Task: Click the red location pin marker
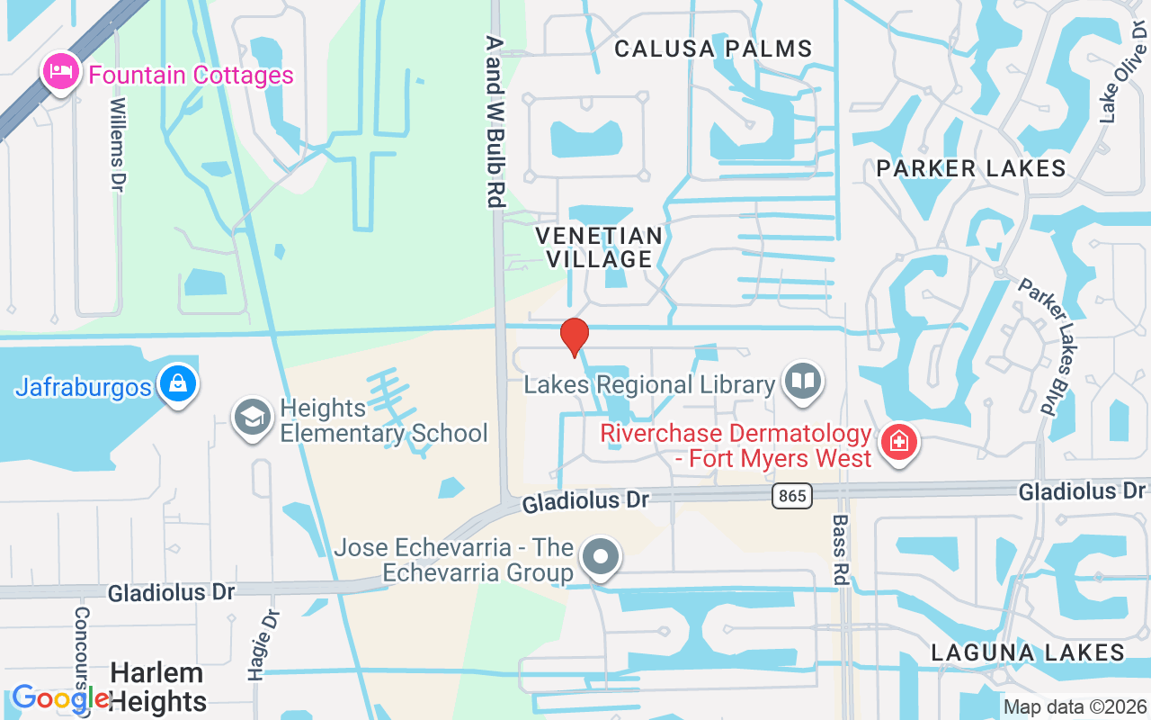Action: (x=574, y=337)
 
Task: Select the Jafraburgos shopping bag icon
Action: (x=178, y=384)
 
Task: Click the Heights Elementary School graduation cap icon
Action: (x=253, y=418)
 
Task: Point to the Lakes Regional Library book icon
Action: (x=802, y=382)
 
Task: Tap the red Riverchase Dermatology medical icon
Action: (x=897, y=442)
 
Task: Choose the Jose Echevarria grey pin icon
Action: (x=601, y=557)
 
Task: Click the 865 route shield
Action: (x=791, y=495)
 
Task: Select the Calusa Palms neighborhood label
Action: (x=713, y=49)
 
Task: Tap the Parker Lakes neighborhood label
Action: (x=971, y=168)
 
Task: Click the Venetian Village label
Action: (x=600, y=247)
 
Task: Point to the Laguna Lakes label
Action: (x=1028, y=652)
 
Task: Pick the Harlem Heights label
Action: (x=157, y=687)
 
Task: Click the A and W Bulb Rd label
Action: (x=494, y=121)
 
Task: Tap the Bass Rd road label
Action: (x=841, y=550)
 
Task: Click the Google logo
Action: (x=60, y=698)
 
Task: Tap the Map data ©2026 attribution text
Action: (x=1075, y=707)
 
